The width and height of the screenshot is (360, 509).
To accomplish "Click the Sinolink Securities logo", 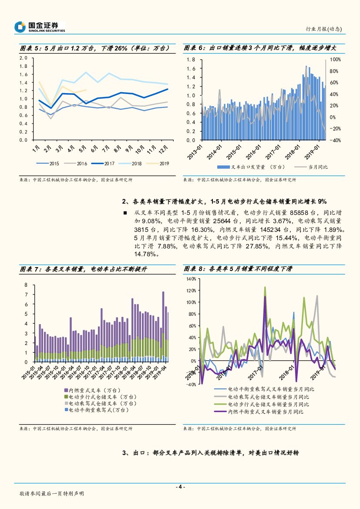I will [40, 27].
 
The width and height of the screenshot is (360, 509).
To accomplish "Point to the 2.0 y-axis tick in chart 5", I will [24, 58].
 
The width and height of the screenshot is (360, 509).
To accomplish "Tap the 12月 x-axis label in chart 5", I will [165, 150].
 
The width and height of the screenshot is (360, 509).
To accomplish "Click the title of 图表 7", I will [84, 269].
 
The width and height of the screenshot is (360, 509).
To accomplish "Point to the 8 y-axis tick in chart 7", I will [26, 285].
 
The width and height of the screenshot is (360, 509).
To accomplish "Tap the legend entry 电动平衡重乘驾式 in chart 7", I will [96, 410].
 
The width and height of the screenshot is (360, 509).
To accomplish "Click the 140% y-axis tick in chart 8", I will [191, 279].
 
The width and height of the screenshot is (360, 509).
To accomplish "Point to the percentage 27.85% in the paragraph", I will [255, 246].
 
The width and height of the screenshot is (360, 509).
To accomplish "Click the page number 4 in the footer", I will [180, 487].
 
